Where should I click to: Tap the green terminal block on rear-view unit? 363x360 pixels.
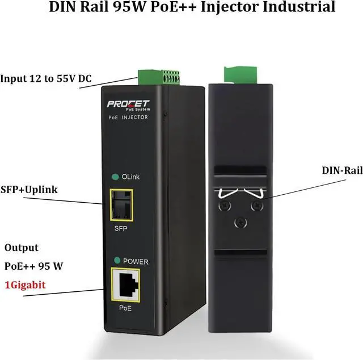[x=237, y=74]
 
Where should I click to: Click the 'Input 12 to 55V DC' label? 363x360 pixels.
[x=46, y=78]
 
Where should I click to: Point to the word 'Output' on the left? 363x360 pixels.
[x=22, y=248]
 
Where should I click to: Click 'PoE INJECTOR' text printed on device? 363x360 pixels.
[x=128, y=117]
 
